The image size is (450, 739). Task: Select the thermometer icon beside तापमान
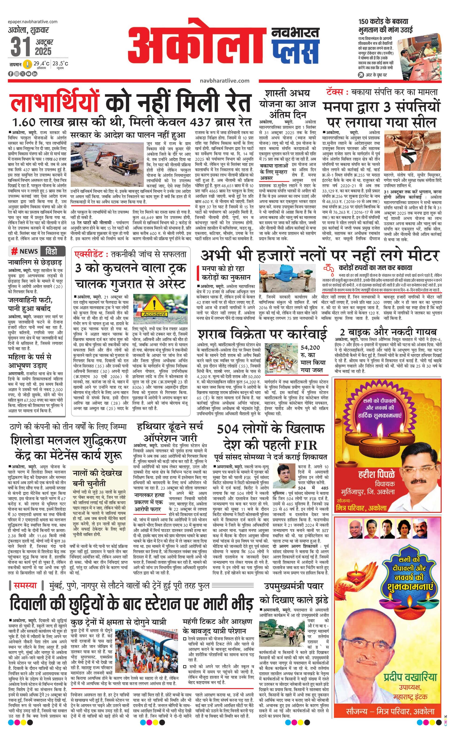click(x=28, y=64)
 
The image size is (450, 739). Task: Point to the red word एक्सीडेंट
click(x=91, y=254)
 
